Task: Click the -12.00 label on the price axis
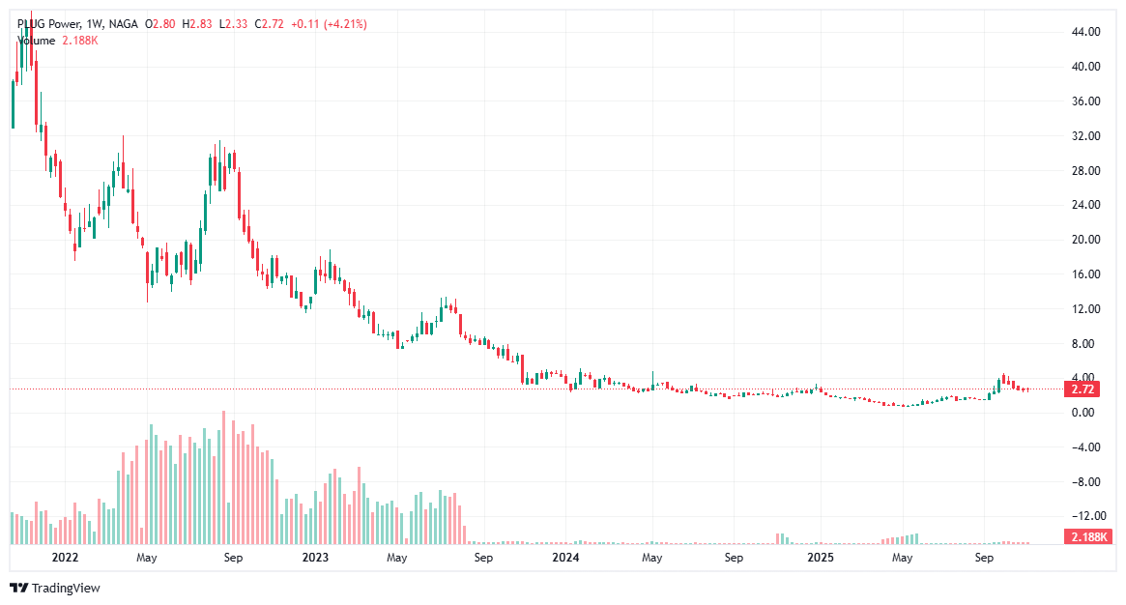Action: pyautogui.click(x=1085, y=516)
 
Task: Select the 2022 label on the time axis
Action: pyautogui.click(x=65, y=558)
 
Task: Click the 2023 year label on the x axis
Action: pyautogui.click(x=315, y=558)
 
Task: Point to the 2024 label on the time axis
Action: pyautogui.click(x=565, y=558)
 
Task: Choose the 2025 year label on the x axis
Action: pyautogui.click(x=821, y=558)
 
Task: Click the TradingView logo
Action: pyautogui.click(x=55, y=588)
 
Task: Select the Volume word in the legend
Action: pyautogui.click(x=36, y=41)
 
